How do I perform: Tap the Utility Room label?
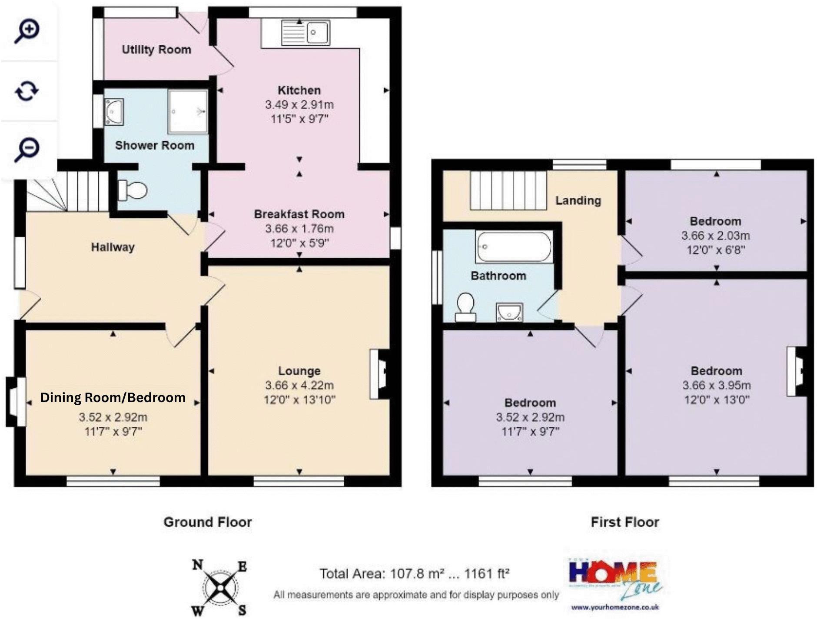coord(156,50)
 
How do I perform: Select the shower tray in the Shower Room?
coord(188,111)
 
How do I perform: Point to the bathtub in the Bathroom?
coord(514,246)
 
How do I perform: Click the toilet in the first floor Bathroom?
coord(465,307)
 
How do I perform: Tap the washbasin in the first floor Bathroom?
coord(509,312)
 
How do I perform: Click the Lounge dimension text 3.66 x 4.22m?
coord(299,385)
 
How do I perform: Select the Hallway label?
coord(113,247)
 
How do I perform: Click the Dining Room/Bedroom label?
coord(113,397)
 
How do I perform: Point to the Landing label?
coord(578,200)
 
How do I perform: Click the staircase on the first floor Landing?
coord(508,190)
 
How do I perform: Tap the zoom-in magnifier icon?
coord(27,31)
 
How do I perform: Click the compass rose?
coord(220,588)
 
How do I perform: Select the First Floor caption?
coord(624,522)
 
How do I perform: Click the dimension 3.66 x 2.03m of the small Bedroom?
coord(715,236)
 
